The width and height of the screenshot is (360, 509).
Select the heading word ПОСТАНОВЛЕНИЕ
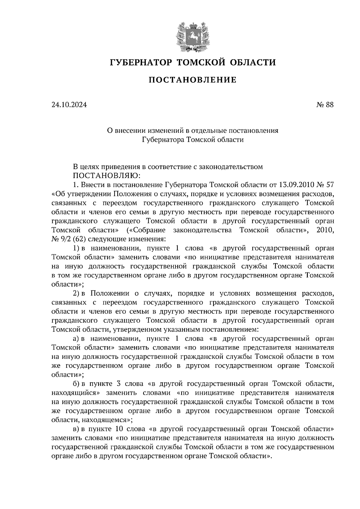click(193, 80)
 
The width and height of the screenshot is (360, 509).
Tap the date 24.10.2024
click(69, 105)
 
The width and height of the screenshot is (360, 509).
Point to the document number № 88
click(325, 105)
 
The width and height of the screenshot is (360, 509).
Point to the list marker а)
click(76, 338)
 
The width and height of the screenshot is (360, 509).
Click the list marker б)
click(76, 383)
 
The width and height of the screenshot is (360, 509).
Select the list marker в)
click(76, 429)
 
